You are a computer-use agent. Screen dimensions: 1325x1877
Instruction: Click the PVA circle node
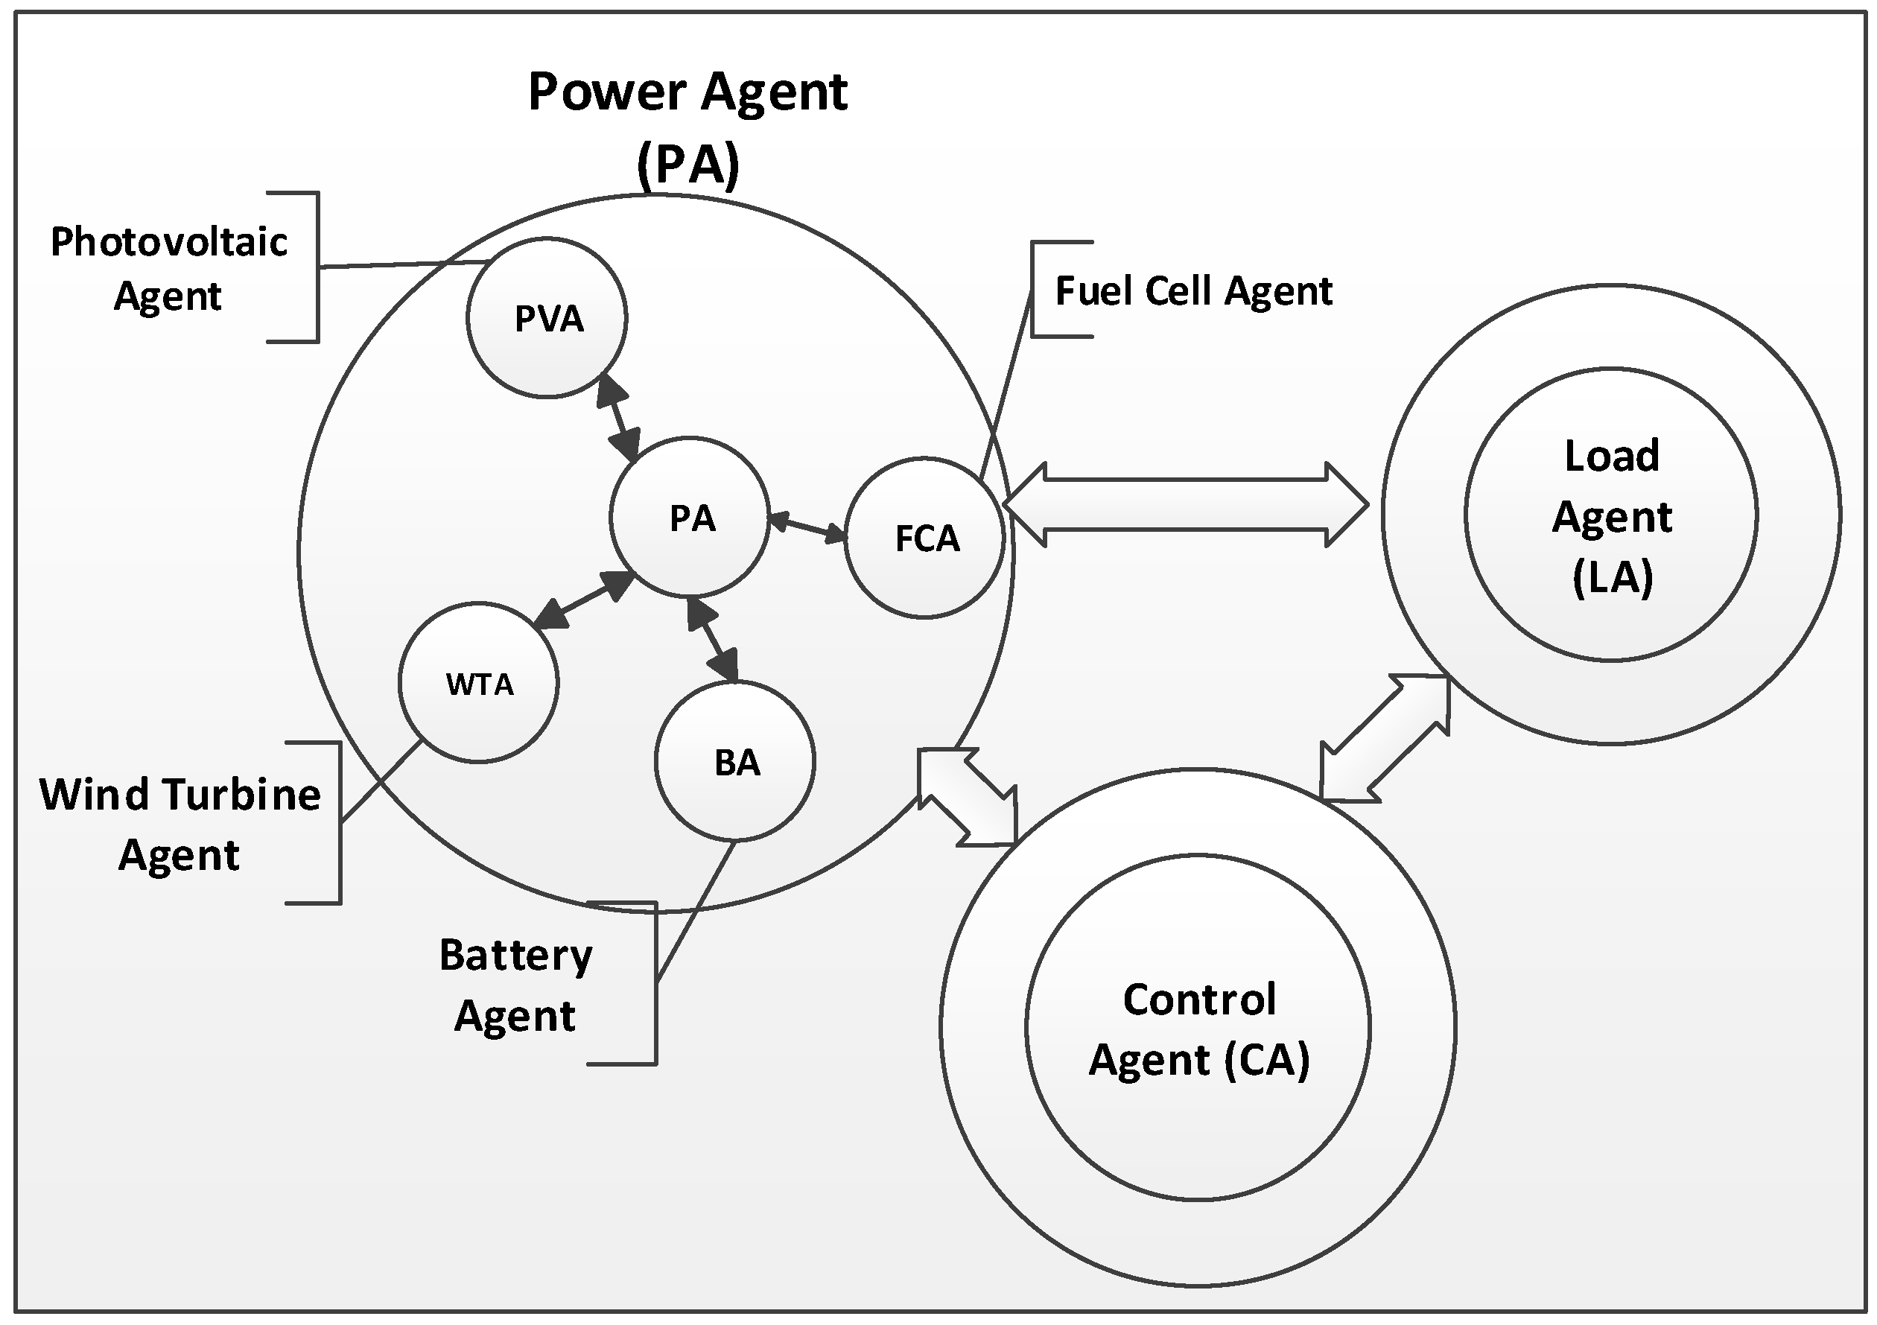547,318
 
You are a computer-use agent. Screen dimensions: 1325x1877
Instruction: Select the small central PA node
690,518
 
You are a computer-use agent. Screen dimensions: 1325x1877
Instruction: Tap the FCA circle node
924,538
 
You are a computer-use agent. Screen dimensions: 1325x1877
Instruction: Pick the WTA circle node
479,683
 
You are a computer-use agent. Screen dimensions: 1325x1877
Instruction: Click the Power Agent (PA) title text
687,127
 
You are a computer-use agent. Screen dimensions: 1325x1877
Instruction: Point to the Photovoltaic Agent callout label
168,268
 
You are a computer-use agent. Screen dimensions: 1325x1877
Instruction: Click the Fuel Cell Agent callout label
1192,291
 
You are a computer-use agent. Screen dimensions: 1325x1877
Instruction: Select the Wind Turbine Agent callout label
180,824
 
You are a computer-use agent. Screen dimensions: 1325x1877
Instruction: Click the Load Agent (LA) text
1611,517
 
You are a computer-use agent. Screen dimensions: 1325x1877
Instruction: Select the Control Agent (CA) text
1198,1029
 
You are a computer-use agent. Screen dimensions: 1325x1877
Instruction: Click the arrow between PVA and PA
619,419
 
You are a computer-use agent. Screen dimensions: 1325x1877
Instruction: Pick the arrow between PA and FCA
807,527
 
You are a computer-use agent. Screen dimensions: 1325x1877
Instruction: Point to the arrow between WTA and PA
584,601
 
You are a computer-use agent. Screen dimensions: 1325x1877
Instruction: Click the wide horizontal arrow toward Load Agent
1185,504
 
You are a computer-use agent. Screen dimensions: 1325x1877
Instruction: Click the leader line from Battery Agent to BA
695,912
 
